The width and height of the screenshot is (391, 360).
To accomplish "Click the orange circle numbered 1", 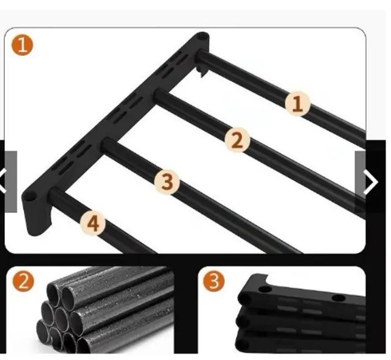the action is point(22,45).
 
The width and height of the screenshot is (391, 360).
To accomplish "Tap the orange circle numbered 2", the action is point(23,281).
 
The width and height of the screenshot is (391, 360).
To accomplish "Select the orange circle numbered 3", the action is point(214,281).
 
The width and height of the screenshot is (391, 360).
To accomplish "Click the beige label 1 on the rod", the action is point(298,104).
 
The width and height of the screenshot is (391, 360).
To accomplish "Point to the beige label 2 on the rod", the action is point(237,140).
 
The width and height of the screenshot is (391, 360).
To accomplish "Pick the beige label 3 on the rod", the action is point(167,181).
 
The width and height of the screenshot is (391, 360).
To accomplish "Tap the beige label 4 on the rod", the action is point(93,223).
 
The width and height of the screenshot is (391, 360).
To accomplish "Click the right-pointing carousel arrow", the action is point(371,182).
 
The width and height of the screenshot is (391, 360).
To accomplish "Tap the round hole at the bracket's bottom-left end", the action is point(30,198).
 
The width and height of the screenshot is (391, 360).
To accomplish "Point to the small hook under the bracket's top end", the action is point(202,71).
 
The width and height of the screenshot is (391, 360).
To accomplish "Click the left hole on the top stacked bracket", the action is point(265,290).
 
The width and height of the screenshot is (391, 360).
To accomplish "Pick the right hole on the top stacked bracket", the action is point(338,298).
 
